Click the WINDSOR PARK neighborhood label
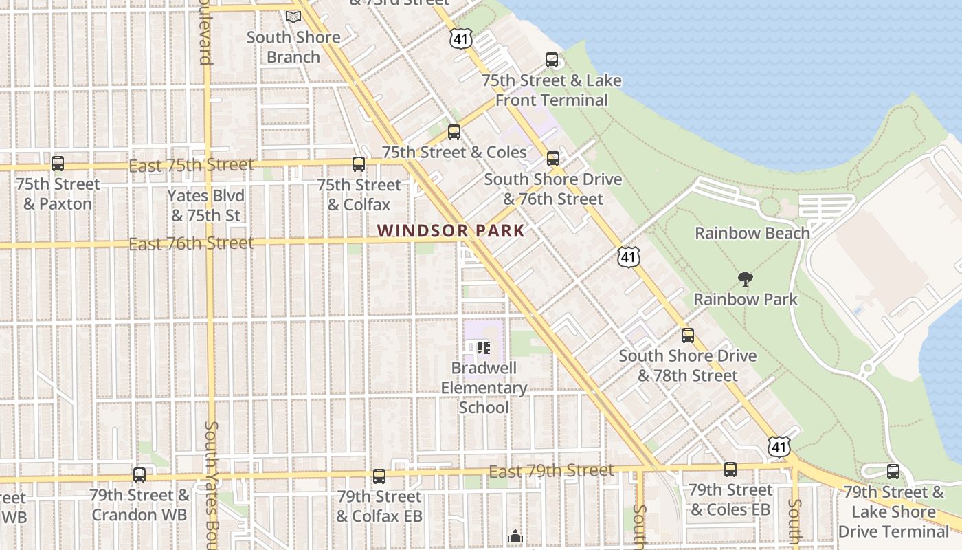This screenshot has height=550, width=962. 451,231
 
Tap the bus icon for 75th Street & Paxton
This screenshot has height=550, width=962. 58,164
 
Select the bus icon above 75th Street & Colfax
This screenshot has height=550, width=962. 358,164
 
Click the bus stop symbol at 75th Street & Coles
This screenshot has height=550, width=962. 454,132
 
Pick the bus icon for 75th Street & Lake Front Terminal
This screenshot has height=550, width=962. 552,60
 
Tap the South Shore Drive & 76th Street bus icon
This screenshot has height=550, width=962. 553,159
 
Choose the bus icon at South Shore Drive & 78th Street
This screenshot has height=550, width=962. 688,335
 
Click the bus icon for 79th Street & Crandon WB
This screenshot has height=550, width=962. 139,474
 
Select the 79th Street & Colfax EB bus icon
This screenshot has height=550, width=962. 379,476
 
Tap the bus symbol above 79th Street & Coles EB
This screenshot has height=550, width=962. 730,470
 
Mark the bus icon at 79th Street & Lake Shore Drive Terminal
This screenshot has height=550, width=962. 893,472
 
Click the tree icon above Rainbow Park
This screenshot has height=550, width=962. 745,279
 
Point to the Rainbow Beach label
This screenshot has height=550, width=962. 752,233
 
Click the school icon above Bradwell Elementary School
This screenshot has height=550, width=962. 484,348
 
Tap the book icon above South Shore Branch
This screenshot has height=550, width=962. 293,16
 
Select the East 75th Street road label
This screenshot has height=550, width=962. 191,166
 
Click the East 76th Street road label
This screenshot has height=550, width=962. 191,243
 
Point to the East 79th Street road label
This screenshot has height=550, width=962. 551,471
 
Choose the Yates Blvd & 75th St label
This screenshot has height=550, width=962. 205,206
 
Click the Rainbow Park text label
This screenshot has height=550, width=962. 746,299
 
